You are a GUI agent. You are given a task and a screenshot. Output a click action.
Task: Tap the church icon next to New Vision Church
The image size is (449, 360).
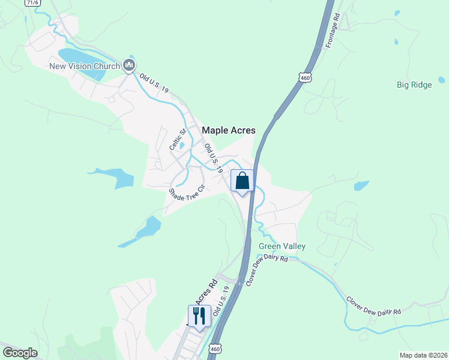pyautogui.click(x=128, y=65)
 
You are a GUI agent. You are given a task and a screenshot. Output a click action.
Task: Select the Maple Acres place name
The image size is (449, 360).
pyautogui.click(x=229, y=130)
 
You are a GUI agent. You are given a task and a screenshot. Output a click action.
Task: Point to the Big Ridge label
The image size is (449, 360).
pyautogui.click(x=414, y=85)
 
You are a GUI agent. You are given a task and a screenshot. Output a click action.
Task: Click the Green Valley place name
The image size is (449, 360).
pyautogui.click(x=282, y=246)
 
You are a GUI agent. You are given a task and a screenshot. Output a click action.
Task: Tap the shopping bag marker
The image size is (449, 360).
pyautogui.click(x=242, y=181)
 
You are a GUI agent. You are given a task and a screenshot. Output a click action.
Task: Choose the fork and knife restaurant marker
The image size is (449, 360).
pyautogui.click(x=200, y=316)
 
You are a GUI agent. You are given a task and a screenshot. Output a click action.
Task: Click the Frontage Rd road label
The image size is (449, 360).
pyautogui.click(x=333, y=31)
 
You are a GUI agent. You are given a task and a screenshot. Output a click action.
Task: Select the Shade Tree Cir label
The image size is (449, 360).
pyautogui.click(x=187, y=193)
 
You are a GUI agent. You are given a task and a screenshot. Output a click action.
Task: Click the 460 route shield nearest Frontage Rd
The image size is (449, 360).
pyautogui.click(x=306, y=77)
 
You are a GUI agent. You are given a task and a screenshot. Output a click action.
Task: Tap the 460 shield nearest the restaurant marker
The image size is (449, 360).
pyautogui.click(x=215, y=348)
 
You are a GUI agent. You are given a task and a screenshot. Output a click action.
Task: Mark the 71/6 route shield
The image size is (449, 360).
pyautogui.click(x=32, y=3)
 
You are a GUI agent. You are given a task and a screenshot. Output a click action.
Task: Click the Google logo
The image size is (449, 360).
pyautogui.click(x=20, y=353)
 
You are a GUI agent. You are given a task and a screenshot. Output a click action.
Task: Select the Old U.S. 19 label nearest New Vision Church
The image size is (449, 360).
pyautogui.click(x=154, y=83)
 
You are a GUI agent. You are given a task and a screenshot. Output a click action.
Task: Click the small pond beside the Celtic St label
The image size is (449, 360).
pyautogui.click(x=182, y=145)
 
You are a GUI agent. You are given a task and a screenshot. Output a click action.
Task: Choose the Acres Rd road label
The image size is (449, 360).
pyautogui.click(x=204, y=292)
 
